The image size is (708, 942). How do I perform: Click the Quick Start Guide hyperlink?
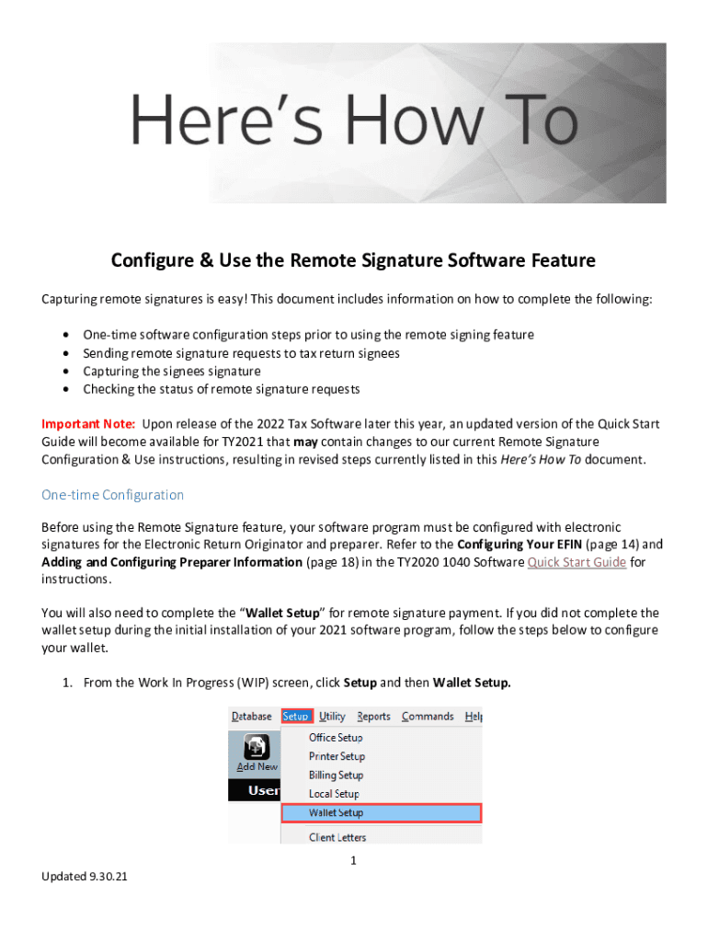[577, 562]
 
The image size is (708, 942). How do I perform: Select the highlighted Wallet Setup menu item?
[336, 813]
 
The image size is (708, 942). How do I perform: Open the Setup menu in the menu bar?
[296, 717]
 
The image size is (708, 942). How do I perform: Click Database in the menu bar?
[251, 717]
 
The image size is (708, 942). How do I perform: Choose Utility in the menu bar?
[332, 717]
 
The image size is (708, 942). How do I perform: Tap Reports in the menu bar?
[373, 717]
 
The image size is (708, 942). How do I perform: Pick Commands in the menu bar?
[428, 717]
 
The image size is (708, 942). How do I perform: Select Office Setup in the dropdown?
[336, 738]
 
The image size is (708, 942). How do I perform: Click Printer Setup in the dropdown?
[337, 756]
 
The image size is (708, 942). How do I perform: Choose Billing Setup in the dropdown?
[336, 775]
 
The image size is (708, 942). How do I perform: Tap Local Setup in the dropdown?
[334, 794]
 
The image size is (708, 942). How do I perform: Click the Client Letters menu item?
[337, 837]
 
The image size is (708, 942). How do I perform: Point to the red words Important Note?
[88, 424]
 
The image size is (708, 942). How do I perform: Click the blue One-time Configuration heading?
[112, 495]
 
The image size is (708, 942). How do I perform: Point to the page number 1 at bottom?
[353, 861]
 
